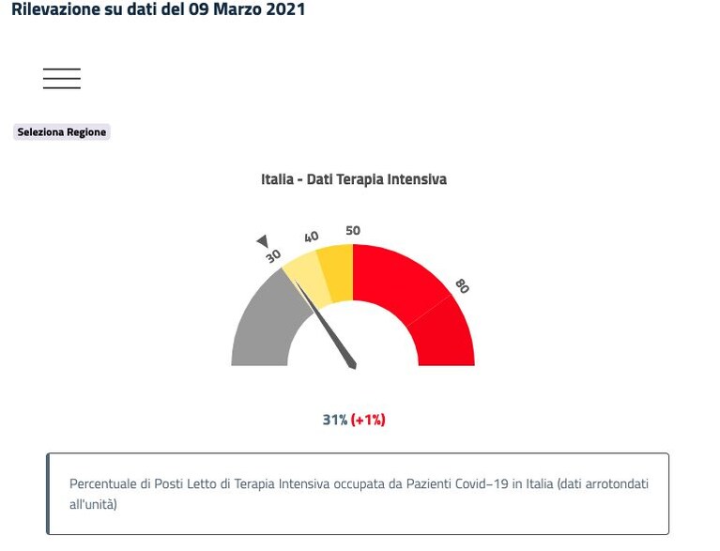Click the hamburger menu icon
pos(62,78)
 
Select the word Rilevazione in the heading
pos(55,9)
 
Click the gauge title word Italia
pos(277,179)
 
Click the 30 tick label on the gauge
pos(273,255)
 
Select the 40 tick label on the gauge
pos(312,237)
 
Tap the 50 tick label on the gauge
pos(353,231)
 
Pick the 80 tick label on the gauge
pos(462,286)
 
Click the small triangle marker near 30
pos(263,240)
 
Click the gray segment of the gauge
pos(263,321)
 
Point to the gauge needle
pos(325,325)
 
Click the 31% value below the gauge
pos(335,420)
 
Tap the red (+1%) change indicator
pos(368,420)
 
